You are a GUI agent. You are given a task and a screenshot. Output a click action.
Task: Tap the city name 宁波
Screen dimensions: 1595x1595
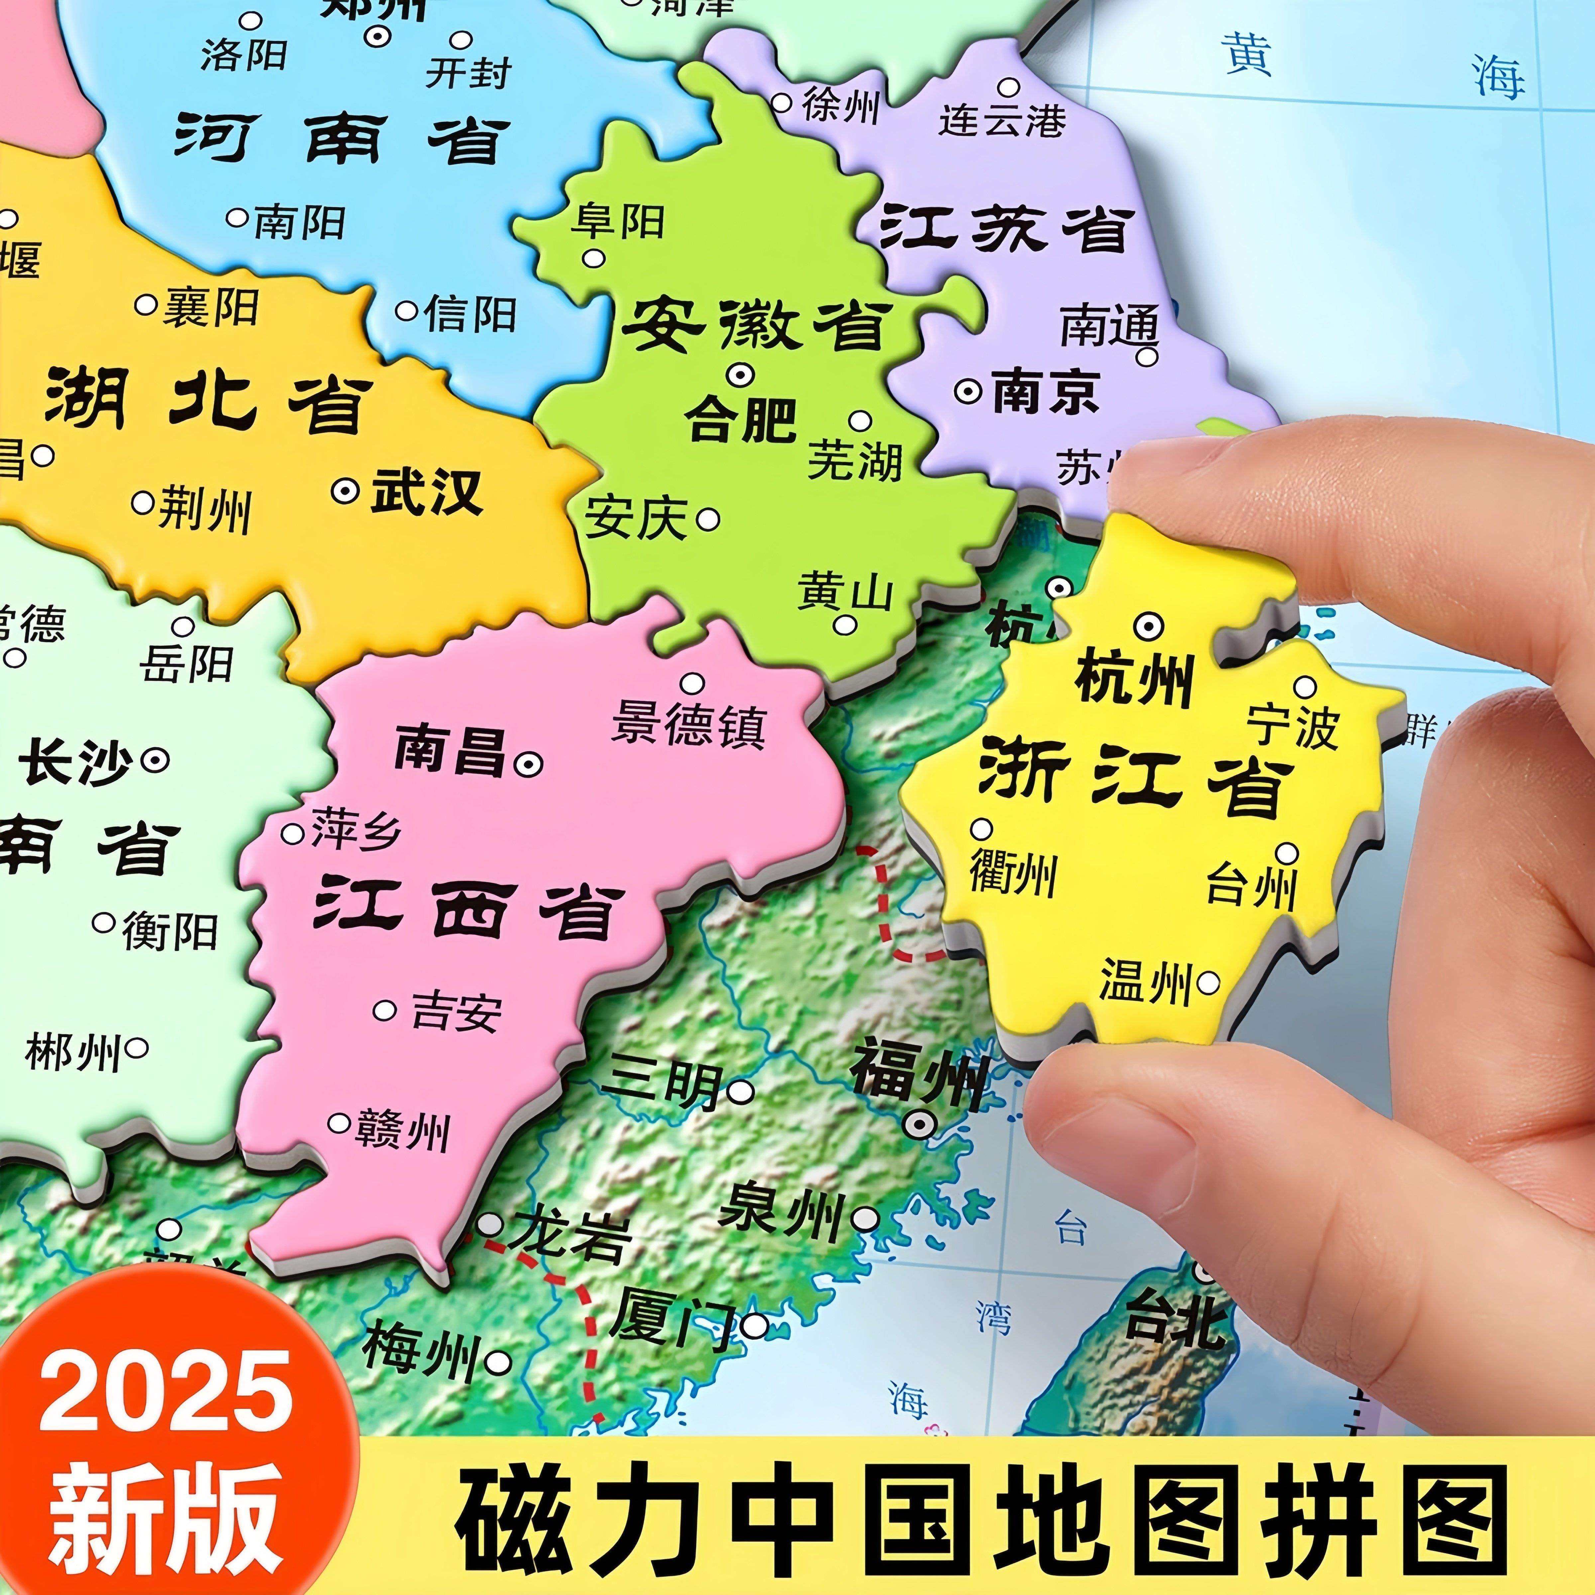click(1292, 726)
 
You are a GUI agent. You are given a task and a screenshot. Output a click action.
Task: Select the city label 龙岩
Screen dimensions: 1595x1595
click(570, 1236)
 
